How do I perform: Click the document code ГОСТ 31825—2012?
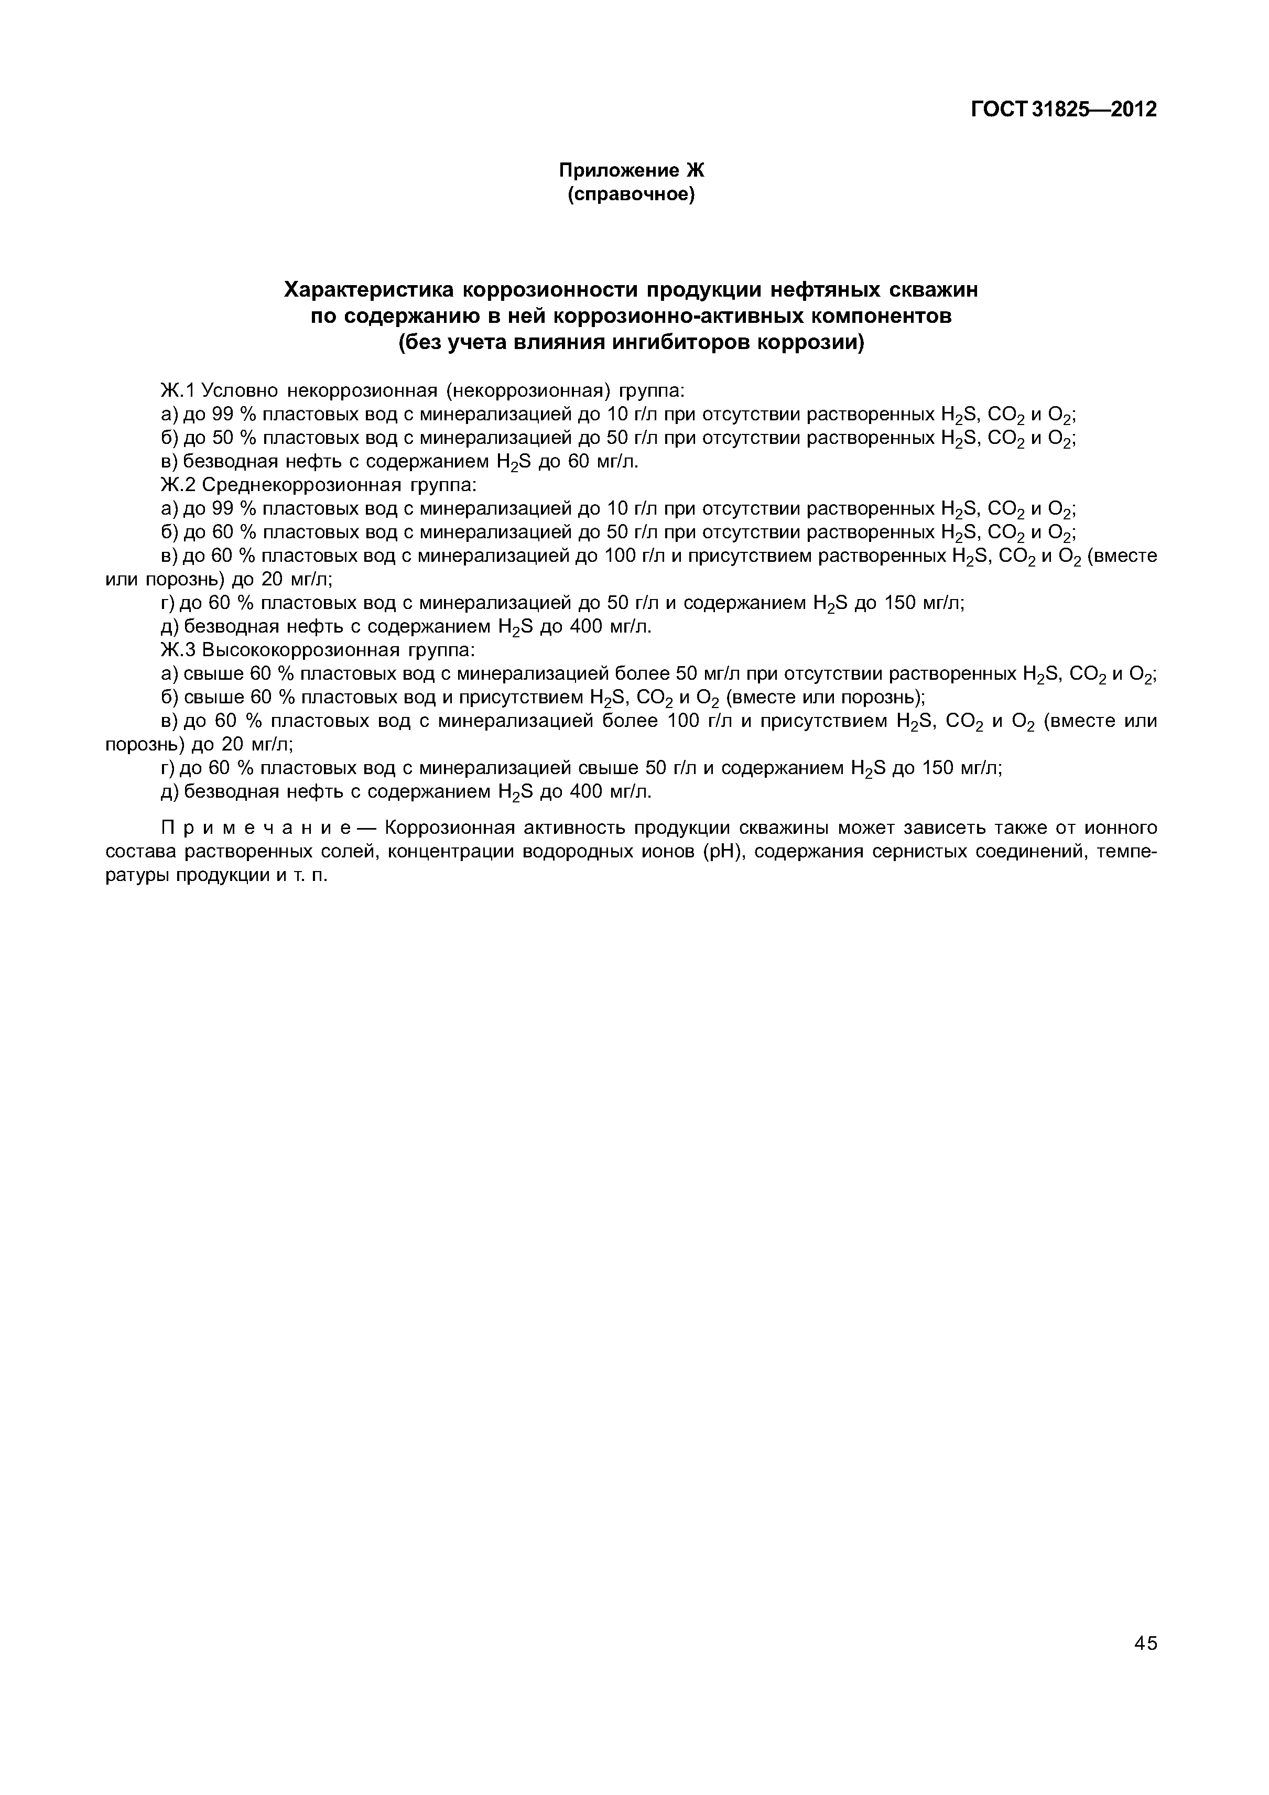point(1064,110)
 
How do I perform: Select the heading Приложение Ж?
point(631,170)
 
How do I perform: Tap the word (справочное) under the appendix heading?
point(631,193)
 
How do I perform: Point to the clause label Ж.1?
point(178,390)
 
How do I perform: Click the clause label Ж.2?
point(178,485)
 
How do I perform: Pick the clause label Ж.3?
point(178,650)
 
